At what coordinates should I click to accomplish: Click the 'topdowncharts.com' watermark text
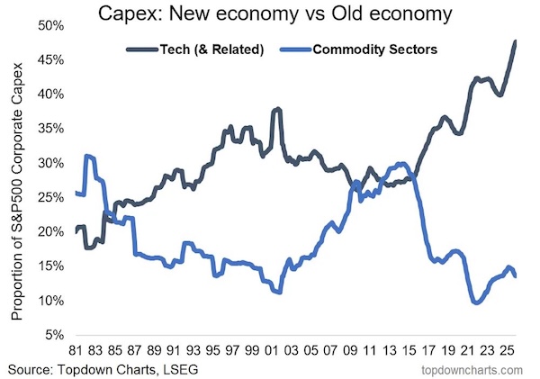474,369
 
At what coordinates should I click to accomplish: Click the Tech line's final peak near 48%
515,41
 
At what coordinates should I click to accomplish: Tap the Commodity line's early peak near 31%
87,156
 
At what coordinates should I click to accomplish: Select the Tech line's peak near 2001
277,109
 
